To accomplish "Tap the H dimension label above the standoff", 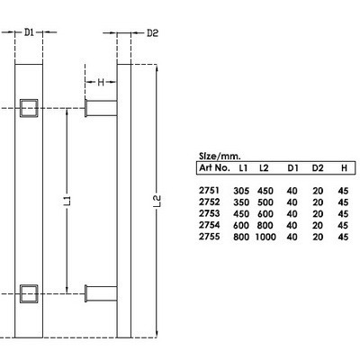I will (x=102, y=82).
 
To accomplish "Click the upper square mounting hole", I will (x=30, y=109).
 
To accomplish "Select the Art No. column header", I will (x=214, y=167).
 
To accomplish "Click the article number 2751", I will (x=208, y=190).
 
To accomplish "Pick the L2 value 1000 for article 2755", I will (x=265, y=237).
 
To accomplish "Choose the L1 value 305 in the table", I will (x=241, y=190).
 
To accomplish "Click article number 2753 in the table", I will (x=208, y=213).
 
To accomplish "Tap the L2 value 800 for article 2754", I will (x=265, y=225).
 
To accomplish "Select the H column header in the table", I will (x=343, y=167).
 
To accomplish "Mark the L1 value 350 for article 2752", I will (x=241, y=202).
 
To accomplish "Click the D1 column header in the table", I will (x=292, y=167).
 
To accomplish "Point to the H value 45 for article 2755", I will (x=343, y=237).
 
